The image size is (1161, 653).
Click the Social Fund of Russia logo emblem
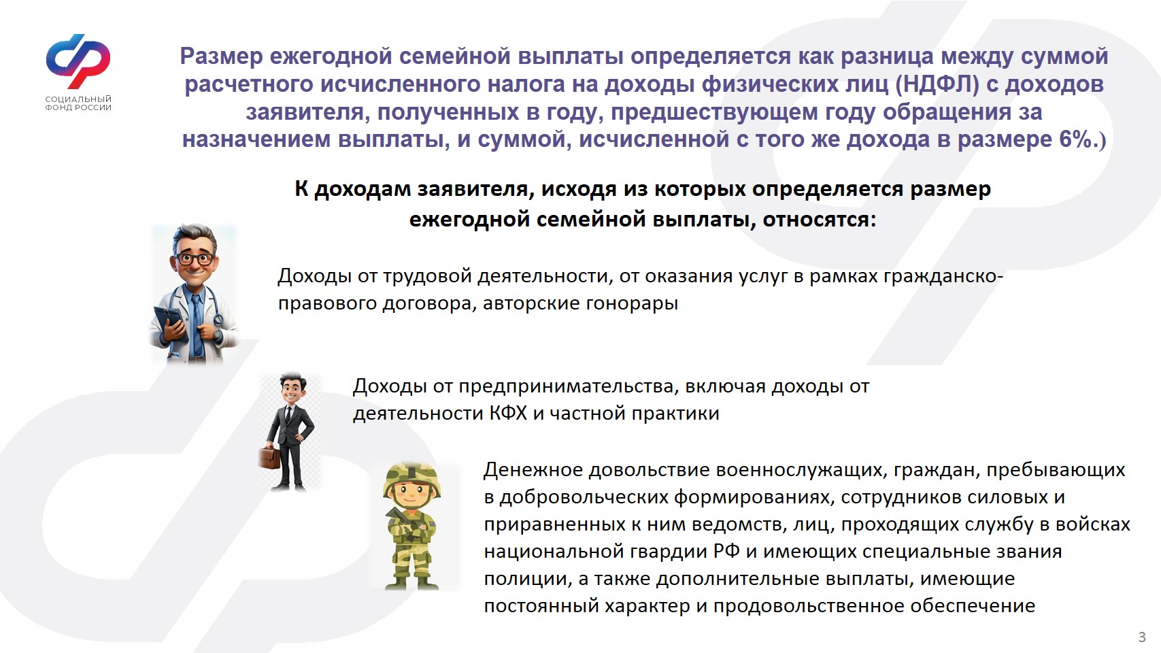pyautogui.click(x=78, y=62)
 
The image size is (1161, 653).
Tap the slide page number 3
pyautogui.click(x=1142, y=637)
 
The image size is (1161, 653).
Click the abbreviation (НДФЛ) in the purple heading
pyautogui.click(x=938, y=84)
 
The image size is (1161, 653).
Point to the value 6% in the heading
pyautogui.click(x=1075, y=139)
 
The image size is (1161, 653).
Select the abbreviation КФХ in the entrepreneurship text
pyautogui.click(x=509, y=414)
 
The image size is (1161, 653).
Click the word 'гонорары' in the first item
pyautogui.click(x=632, y=303)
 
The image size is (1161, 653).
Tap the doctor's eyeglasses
pyautogui.click(x=195, y=258)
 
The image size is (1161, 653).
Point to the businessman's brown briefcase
pyautogui.click(x=269, y=456)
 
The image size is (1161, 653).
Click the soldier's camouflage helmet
pyautogui.click(x=412, y=479)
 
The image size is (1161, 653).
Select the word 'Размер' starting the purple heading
pyautogui.click(x=221, y=56)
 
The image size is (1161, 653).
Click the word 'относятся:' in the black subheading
pyautogui.click(x=820, y=220)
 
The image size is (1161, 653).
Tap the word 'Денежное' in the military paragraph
pyautogui.click(x=533, y=470)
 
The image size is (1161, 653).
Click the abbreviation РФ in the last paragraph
pyautogui.click(x=726, y=551)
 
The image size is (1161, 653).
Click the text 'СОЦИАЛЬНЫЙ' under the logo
pyautogui.click(x=78, y=99)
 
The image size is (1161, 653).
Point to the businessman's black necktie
pyautogui.click(x=289, y=413)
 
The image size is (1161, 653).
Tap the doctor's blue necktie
pyautogui.click(x=197, y=324)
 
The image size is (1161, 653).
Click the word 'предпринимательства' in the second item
pyautogui.click(x=565, y=387)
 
